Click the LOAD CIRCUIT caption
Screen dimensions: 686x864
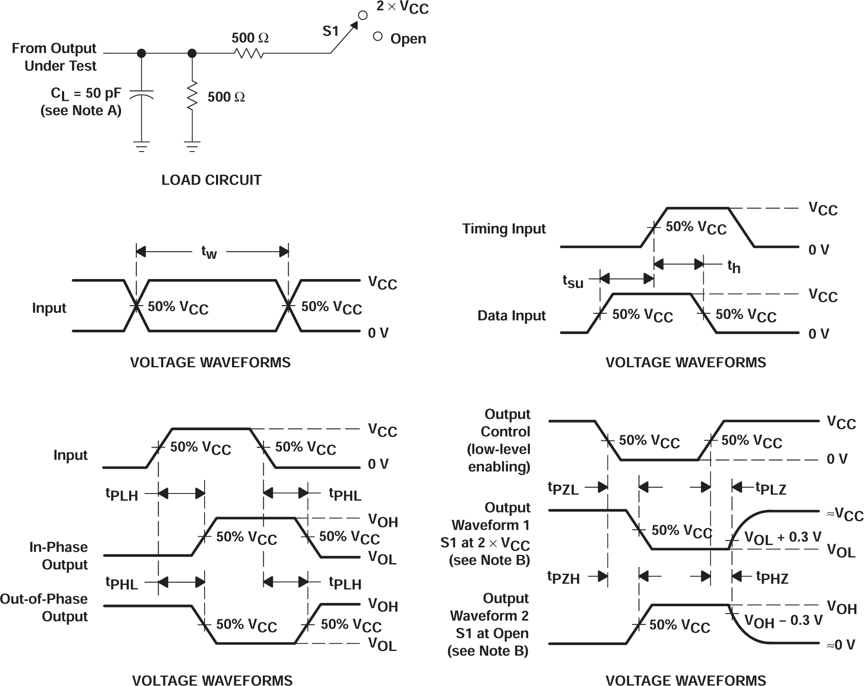(x=211, y=180)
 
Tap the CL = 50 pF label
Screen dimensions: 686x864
(x=86, y=93)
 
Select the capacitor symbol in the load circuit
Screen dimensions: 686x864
(x=141, y=94)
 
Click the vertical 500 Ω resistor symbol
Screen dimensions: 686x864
(x=192, y=96)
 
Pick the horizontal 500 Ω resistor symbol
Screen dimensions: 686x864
(x=249, y=54)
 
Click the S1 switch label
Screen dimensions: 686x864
(x=331, y=31)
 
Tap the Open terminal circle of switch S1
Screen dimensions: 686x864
(x=378, y=37)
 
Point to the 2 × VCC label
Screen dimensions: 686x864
(x=402, y=8)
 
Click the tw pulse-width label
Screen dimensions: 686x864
(x=209, y=252)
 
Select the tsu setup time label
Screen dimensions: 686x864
(x=573, y=281)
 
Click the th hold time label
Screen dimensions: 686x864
(x=734, y=266)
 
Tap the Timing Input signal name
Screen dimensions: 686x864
(x=504, y=229)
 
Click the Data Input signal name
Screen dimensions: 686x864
(x=511, y=316)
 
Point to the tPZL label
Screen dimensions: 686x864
(x=563, y=488)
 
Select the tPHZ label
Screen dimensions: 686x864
(x=772, y=577)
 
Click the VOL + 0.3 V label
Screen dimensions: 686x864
(x=783, y=537)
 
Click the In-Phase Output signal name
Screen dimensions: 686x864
(x=59, y=556)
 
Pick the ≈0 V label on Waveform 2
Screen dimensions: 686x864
(x=841, y=645)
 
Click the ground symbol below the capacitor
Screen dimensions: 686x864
(x=141, y=146)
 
